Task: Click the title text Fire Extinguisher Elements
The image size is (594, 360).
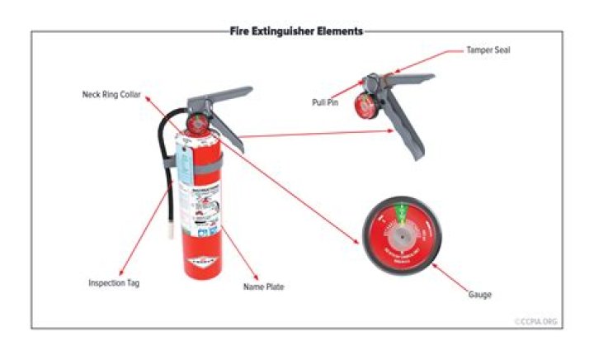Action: coord(296,31)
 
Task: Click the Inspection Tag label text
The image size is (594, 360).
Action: coord(114,282)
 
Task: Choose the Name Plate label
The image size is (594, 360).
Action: coord(263,287)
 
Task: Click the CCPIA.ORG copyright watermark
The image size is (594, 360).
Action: coord(536,321)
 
